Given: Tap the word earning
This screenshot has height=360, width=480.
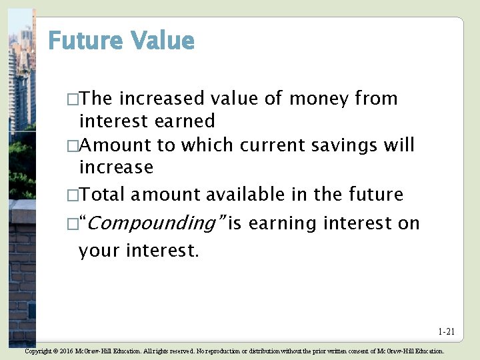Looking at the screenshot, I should pyautogui.click(x=283, y=223).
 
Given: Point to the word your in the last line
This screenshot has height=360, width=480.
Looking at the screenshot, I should pyautogui.click(x=99, y=251).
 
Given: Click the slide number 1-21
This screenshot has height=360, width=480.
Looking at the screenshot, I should pyautogui.click(x=446, y=331).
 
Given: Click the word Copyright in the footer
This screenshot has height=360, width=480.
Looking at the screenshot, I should pyautogui.click(x=39, y=351).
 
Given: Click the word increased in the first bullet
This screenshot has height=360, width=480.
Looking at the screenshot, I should pyautogui.click(x=161, y=99).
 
